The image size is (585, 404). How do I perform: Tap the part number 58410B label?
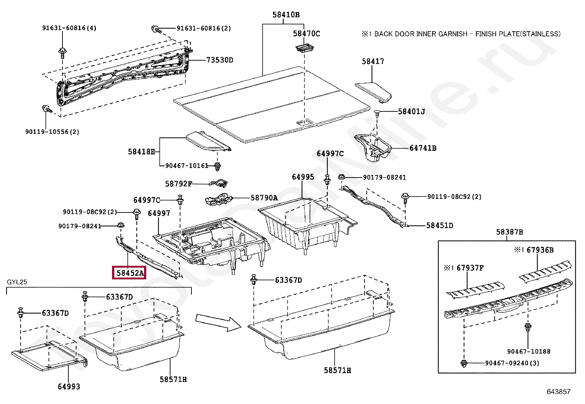click(286, 15)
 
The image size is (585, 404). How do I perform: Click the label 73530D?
click(220, 60)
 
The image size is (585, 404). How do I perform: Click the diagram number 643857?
click(558, 392)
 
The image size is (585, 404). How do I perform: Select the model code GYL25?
click(17, 282)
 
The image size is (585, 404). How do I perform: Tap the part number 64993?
click(69, 386)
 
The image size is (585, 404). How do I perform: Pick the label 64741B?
click(423, 148)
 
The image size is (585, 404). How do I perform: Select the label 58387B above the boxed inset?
click(509, 232)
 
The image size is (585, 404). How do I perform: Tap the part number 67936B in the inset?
click(539, 250)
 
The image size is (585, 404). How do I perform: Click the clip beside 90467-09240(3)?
click(464, 363)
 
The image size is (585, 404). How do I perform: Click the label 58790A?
click(264, 198)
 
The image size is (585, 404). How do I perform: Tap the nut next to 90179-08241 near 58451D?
click(341, 178)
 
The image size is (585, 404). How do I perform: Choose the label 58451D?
click(439, 225)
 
